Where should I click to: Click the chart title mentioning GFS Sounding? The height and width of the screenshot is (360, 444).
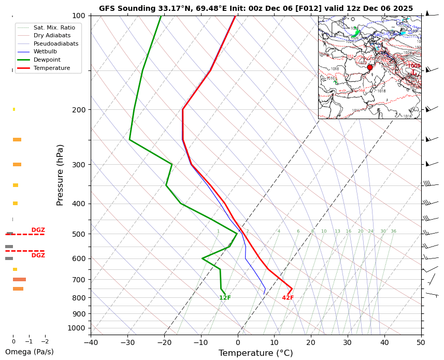[256, 9]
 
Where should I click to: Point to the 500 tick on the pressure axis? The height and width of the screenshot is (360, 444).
[79, 234]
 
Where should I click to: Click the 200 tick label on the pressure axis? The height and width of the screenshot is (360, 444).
[79, 110]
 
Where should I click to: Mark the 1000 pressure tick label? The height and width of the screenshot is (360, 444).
[77, 328]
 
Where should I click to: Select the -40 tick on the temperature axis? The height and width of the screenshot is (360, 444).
[91, 342]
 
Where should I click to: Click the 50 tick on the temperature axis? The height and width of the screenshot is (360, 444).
[421, 342]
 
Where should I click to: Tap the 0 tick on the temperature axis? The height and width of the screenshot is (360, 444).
[238, 342]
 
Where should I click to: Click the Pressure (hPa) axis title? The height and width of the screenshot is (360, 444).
[60, 175]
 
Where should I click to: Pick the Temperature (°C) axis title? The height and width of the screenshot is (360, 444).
[256, 353]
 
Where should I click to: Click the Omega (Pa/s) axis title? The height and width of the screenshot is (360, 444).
[30, 352]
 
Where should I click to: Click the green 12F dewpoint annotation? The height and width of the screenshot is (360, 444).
[225, 298]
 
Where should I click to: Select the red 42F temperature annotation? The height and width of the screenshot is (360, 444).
[288, 298]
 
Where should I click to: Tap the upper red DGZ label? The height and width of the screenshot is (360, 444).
[38, 230]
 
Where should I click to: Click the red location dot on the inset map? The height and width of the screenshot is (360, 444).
[369, 67]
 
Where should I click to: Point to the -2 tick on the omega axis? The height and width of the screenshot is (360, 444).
[45, 342]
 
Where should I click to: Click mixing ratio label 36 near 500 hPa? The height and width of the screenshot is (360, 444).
[393, 232]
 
